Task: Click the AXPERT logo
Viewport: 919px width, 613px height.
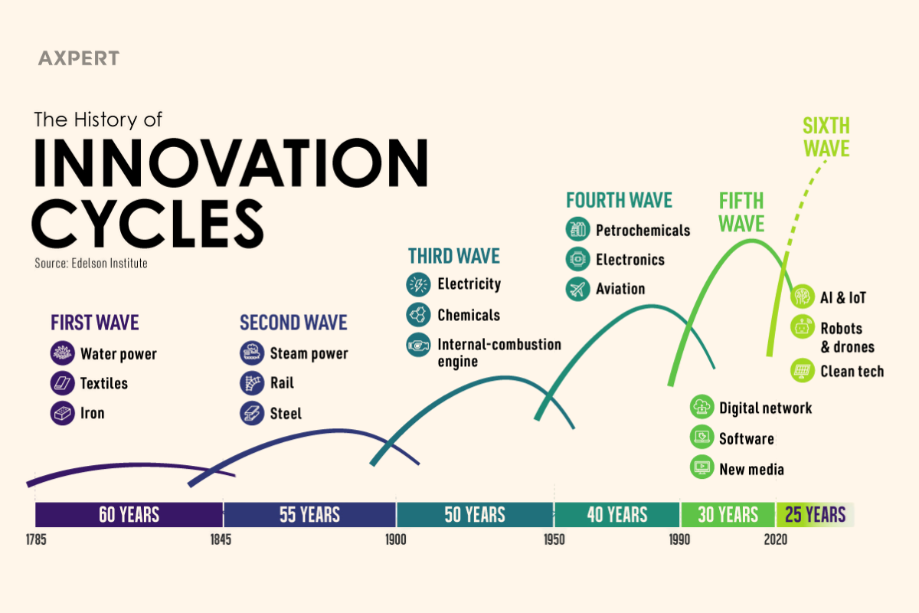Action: tap(78, 58)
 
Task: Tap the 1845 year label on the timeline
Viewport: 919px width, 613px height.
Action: tap(221, 539)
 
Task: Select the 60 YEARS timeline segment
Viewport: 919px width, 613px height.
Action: tap(129, 514)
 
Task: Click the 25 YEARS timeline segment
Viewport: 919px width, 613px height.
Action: tap(815, 514)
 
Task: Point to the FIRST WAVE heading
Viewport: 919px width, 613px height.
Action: tap(95, 323)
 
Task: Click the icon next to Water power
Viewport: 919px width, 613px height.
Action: tap(62, 353)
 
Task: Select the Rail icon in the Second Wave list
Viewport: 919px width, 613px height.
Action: tap(251, 383)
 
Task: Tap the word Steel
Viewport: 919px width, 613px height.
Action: tap(286, 414)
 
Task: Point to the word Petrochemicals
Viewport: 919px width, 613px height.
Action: tap(643, 230)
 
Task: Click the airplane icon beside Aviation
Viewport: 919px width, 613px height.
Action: tap(577, 289)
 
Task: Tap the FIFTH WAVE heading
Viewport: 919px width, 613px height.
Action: tap(741, 212)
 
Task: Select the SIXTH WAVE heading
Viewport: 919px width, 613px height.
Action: tap(826, 136)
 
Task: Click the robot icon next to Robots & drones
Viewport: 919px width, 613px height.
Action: tap(802, 328)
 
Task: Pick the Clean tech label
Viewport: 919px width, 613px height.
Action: tap(852, 372)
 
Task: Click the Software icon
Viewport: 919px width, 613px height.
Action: tap(702, 438)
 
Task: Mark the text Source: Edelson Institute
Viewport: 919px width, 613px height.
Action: tap(91, 263)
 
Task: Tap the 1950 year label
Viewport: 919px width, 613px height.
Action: tap(554, 539)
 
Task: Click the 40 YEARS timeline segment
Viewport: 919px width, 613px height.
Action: tap(616, 514)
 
